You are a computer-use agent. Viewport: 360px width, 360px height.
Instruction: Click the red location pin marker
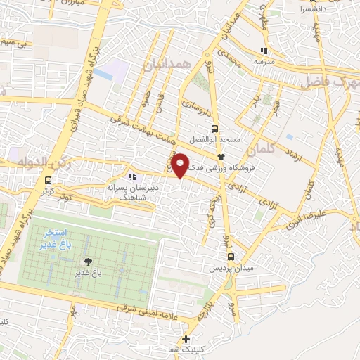[x=181, y=165]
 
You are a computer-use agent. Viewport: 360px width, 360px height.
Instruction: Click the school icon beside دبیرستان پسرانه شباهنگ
[x=131, y=176]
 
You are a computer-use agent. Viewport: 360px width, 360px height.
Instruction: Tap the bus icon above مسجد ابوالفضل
[x=214, y=128]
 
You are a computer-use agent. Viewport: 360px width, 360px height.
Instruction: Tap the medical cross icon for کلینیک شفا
[x=186, y=340]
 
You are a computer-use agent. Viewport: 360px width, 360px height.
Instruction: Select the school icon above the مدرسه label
[x=264, y=51]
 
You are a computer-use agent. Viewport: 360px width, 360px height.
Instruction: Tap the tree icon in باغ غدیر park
[x=87, y=261]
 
